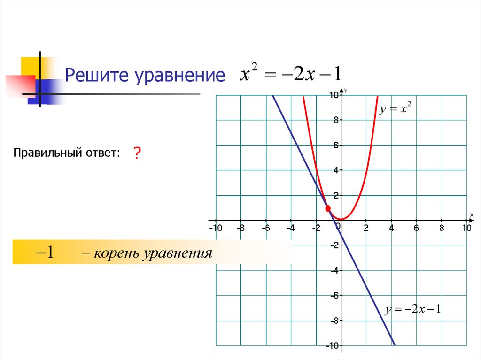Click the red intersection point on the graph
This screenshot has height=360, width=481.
328,208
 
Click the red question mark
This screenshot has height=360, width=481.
137,153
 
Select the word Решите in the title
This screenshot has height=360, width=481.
98,76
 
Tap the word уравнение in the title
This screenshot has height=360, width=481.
180,76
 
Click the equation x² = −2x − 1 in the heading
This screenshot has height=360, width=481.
291,75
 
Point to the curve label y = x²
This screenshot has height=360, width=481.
396,109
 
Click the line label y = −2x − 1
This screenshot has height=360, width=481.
412,310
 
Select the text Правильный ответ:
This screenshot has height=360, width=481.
67,153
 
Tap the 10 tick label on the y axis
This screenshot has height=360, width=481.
333,95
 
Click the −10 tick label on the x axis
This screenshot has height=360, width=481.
215,228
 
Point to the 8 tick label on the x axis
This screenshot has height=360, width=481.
442,228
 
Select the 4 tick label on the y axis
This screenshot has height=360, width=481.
336,170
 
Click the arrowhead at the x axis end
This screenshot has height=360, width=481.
472,219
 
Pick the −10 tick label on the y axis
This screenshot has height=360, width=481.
332,346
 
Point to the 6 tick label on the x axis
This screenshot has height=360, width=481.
416,228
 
